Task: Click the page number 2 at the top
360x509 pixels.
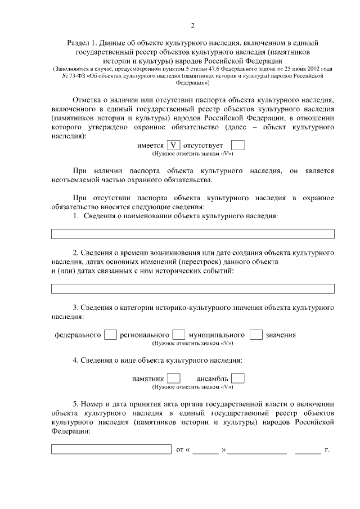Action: coord(192,25)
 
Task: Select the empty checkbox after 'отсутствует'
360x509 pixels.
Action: coord(238,146)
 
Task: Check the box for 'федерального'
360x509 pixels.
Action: coord(110,335)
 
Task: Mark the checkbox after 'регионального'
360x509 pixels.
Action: coord(179,335)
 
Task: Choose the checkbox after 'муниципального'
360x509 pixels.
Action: coord(256,335)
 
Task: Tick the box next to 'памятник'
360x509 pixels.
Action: coord(174,379)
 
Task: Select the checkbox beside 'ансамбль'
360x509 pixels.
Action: coord(238,379)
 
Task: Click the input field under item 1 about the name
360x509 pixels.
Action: coord(193,234)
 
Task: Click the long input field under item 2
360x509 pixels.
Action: coord(193,289)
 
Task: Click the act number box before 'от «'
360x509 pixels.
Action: coord(111,449)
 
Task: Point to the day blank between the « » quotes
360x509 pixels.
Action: coord(206,451)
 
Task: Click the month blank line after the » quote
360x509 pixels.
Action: coord(257,451)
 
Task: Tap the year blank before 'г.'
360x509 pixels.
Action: coord(308,451)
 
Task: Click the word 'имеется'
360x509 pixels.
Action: coord(151,146)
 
